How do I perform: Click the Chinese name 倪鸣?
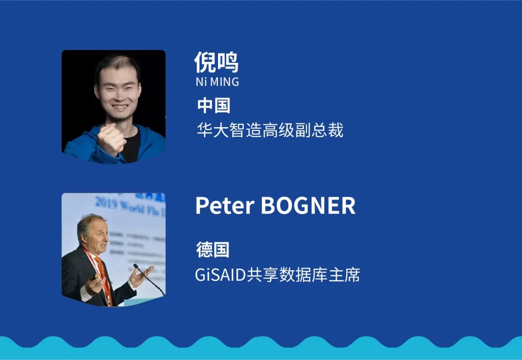(x=217, y=62)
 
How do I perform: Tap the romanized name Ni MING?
(x=217, y=82)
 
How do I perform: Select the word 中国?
(x=214, y=105)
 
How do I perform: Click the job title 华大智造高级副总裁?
(x=270, y=130)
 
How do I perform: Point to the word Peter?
(x=225, y=206)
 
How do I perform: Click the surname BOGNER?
(x=308, y=206)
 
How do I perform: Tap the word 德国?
(x=213, y=250)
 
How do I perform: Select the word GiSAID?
(x=220, y=275)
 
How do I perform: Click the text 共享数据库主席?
(x=303, y=275)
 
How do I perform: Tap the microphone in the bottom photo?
(x=148, y=279)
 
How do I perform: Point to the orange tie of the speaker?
(x=101, y=268)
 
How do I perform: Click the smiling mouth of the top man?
(x=120, y=107)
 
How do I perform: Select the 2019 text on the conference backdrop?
(x=106, y=202)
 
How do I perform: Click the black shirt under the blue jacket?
(x=131, y=146)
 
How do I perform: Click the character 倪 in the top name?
(x=205, y=62)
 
